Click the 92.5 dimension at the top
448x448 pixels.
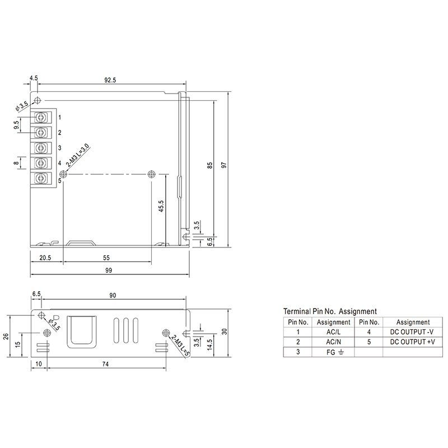point(110,80)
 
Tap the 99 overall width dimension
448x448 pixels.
point(109,270)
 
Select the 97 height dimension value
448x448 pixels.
point(224,165)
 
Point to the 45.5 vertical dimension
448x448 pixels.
point(161,206)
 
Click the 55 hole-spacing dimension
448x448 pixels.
point(106,258)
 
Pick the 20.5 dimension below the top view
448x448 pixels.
point(45,258)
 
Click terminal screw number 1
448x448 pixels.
point(41,117)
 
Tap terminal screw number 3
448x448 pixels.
point(41,147)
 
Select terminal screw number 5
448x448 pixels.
point(41,178)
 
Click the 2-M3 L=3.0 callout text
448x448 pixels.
point(78,156)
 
